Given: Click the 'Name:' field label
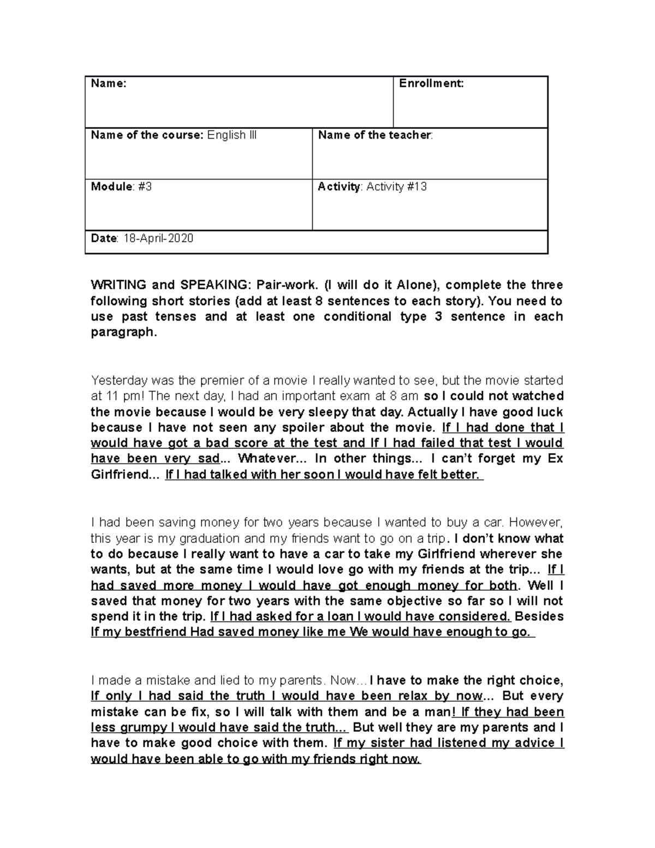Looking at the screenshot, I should click(108, 84).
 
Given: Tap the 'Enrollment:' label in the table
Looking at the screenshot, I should click(431, 84).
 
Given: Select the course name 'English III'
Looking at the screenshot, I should click(231, 135).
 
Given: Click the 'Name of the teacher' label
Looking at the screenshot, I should click(375, 135).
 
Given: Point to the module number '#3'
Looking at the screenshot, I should click(145, 187).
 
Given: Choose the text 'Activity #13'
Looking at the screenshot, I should click(396, 187).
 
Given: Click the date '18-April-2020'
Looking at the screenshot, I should click(157, 239).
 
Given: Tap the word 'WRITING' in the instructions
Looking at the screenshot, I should click(118, 285).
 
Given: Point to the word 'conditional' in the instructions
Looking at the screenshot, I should click(358, 317).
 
